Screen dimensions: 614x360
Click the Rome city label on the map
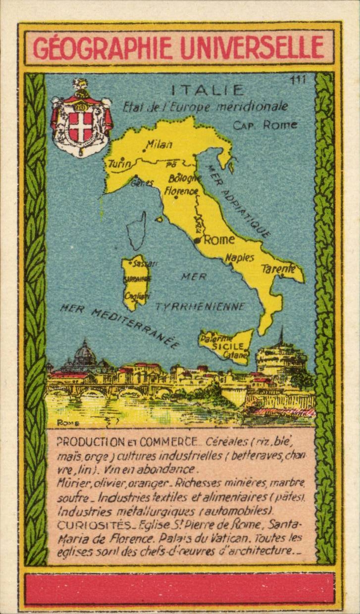coord(219,240)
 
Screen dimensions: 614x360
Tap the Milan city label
coord(159,145)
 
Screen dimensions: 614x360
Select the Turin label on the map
coord(119,164)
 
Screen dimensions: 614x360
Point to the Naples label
coord(240,258)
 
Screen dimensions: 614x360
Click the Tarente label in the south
coord(278,269)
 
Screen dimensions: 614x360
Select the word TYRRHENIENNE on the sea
coord(200,307)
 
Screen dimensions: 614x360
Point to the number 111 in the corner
coord(299,80)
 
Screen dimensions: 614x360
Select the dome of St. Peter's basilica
coord(85,352)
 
